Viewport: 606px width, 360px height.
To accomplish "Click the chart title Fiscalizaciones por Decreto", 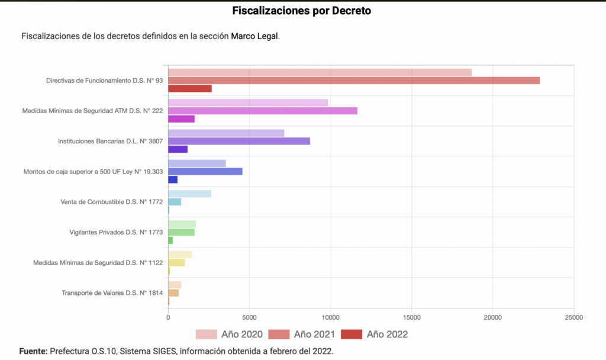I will (x=302, y=11).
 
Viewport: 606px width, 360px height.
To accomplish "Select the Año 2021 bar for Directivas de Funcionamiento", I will (x=354, y=81).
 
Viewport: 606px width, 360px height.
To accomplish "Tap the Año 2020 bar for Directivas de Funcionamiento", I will (x=320, y=72).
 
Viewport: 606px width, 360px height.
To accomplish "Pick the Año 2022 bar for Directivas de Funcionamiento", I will (x=190, y=89).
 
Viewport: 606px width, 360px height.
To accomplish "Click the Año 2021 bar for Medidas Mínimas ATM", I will (x=263, y=111).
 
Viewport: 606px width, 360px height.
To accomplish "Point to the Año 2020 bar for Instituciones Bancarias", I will (x=226, y=133).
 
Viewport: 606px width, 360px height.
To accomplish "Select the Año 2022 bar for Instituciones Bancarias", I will (x=178, y=149).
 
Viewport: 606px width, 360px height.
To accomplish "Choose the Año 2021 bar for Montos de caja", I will (x=205, y=172).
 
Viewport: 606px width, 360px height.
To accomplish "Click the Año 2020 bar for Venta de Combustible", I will (x=189, y=194).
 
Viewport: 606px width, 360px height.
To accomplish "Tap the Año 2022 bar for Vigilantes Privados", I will (x=170, y=240).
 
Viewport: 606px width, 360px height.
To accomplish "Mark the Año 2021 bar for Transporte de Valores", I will (x=173, y=292).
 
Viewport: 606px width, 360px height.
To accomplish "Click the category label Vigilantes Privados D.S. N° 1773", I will (x=116, y=232).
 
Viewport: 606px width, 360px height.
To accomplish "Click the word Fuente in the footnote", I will (x=33, y=351).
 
